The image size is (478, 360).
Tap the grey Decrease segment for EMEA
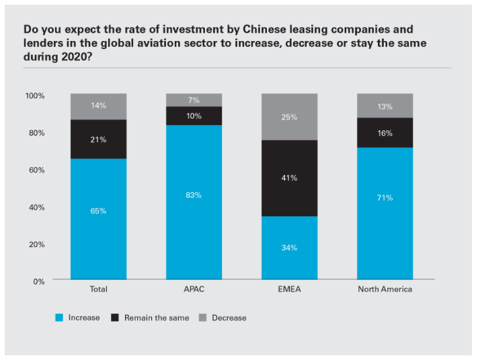point(290,117)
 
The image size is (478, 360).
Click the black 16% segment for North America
point(385,133)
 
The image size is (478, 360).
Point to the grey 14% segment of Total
point(99,106)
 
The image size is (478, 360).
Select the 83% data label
point(194,195)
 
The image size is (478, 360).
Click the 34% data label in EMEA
point(290,248)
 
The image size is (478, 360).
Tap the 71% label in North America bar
point(385,198)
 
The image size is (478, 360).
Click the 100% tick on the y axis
point(35,96)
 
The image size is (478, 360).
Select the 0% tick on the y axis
point(39,281)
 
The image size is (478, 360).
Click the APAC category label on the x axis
point(194,289)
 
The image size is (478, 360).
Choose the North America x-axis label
point(385,289)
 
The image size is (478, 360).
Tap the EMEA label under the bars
point(290,289)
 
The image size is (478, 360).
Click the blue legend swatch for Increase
point(59,318)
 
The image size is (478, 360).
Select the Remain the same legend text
point(157,318)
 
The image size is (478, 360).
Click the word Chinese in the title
point(237,30)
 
